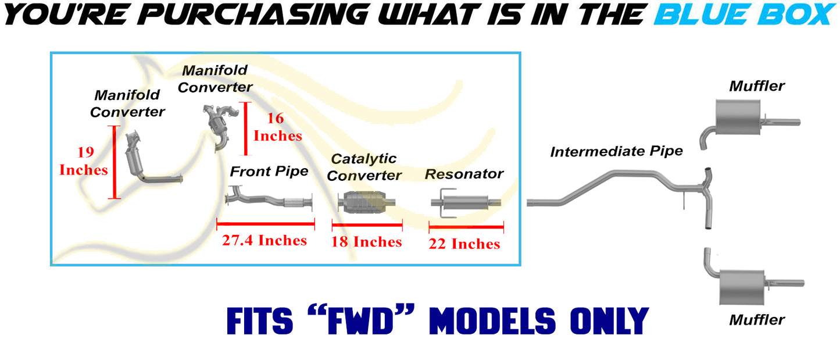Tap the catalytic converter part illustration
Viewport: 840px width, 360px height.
(366, 202)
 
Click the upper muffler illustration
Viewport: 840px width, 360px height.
(738, 117)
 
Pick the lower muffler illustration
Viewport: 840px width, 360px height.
(742, 287)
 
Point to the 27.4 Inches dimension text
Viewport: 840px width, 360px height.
(264, 240)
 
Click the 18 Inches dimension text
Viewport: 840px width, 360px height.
(366, 242)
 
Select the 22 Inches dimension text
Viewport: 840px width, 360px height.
(464, 244)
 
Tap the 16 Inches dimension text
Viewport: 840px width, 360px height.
(277, 127)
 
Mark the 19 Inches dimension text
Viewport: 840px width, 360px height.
(84, 161)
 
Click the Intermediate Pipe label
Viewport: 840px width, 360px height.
(616, 151)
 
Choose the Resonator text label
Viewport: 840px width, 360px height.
(464, 174)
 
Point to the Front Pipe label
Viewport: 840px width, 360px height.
(269, 172)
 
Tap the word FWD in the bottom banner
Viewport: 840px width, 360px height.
(360, 321)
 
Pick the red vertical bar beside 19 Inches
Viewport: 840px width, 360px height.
(115, 162)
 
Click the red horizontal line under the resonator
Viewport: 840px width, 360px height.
(466, 227)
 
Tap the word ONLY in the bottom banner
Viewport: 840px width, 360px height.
(609, 321)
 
